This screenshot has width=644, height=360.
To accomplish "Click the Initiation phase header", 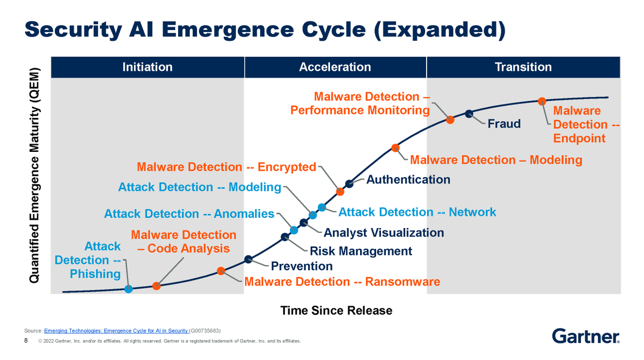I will tap(147, 67).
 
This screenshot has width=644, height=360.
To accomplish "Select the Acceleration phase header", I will tap(335, 67).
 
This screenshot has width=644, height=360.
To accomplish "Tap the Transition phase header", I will tap(523, 67).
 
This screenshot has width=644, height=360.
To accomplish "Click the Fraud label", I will tap(504, 124).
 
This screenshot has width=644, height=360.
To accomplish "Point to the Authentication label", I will tap(408, 180).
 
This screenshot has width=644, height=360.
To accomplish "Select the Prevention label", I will tap(302, 266).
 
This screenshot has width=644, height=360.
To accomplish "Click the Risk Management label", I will tap(361, 251).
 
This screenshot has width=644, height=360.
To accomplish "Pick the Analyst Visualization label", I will tap(384, 233).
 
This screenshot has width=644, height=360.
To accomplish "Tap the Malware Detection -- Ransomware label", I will tap(342, 282).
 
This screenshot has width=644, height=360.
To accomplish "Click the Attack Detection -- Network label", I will tap(417, 212).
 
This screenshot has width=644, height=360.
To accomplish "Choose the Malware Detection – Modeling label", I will tap(496, 160).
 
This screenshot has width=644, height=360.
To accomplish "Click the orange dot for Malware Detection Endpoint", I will tap(542, 101).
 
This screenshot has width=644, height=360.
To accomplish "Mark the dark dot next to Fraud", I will tap(469, 113).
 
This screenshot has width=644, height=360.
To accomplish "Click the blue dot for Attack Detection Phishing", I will tap(128, 289).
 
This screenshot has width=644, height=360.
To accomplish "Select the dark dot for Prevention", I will tap(248, 259).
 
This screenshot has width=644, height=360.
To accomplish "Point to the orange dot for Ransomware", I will tap(221, 271).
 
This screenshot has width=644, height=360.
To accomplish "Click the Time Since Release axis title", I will tap(336, 311).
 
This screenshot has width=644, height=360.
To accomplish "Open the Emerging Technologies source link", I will tap(116, 330).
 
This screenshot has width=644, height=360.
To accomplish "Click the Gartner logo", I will tap(586, 336).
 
